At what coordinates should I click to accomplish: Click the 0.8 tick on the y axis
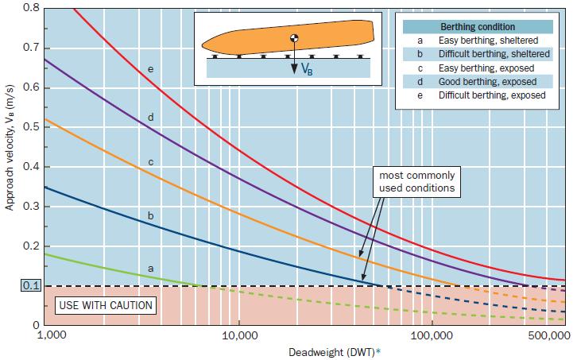click(x=29, y=7)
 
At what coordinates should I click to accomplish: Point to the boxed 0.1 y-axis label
click(x=29, y=286)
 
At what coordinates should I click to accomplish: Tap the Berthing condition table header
click(x=478, y=26)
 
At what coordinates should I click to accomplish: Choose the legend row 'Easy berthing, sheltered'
click(x=486, y=40)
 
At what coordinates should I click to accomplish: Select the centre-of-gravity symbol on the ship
click(x=293, y=38)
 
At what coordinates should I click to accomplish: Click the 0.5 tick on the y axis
click(x=29, y=126)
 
